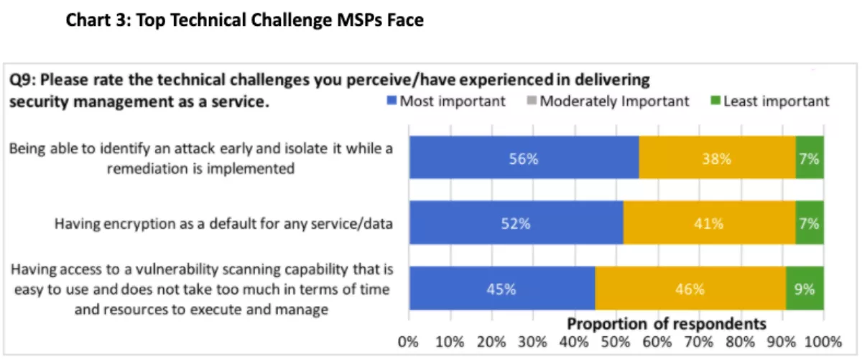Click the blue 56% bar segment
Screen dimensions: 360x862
524,158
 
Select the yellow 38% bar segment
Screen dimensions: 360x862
717,158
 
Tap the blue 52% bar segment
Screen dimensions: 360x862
516,223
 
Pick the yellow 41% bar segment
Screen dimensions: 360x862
708,223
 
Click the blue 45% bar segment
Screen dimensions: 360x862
501,290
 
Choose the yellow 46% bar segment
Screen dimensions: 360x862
690,290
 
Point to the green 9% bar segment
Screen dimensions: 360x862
805,290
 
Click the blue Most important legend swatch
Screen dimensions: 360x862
391,101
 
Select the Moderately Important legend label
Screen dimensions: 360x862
614,101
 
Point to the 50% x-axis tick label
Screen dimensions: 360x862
616,341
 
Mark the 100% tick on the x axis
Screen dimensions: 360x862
823,341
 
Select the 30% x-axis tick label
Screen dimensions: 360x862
532,341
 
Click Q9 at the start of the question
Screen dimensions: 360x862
22,79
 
